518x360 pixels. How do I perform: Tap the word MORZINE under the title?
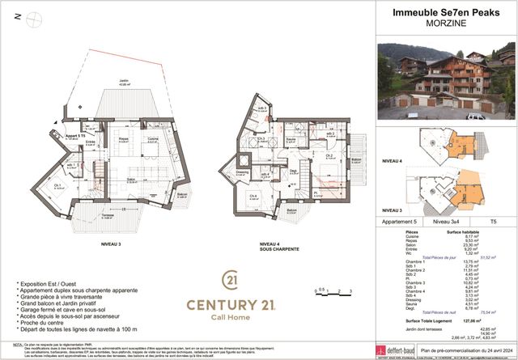pyautogui.click(x=445, y=24)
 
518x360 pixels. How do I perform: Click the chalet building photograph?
pyautogui.click(x=446, y=80)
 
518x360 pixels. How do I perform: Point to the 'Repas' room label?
pyautogui.click(x=123, y=138)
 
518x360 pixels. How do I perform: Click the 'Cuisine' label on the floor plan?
pyautogui.click(x=153, y=138)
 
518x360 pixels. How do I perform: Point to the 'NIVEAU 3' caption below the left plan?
pyautogui.click(x=111, y=244)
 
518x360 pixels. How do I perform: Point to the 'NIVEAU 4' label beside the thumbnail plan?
pyautogui.click(x=391, y=161)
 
